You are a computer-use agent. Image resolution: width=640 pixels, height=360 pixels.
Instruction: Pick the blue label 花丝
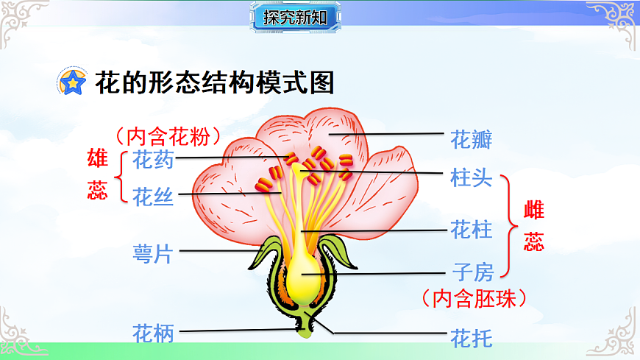pos(153,196)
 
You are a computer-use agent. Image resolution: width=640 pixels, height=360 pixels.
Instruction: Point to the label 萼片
pos(153,254)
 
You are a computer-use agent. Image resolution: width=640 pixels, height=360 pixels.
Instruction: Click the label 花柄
pos(153,333)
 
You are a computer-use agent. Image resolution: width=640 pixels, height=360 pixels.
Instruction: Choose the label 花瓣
pos(472,138)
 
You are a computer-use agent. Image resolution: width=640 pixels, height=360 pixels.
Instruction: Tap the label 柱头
pos(472,177)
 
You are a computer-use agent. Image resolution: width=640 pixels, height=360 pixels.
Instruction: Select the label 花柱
pos(472,230)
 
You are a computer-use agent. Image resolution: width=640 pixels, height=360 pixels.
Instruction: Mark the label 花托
pos(472,338)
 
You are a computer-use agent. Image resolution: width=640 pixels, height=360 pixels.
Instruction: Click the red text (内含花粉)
pos(168,136)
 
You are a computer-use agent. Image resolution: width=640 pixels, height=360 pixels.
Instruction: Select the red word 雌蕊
pos(533,227)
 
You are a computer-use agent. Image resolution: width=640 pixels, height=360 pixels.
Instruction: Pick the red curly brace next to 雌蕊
pos(507,227)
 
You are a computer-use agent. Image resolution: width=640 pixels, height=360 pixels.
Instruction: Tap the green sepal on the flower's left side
pos(263,253)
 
